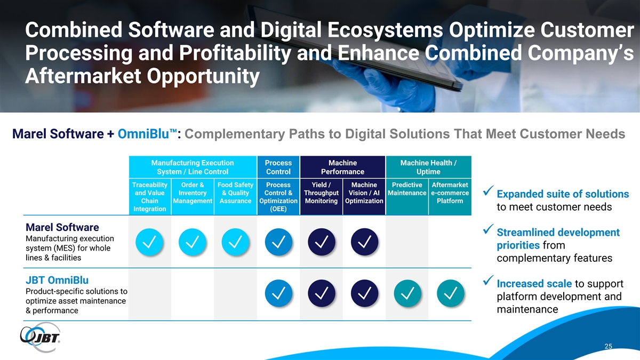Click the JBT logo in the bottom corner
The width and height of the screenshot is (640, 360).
click(40, 337)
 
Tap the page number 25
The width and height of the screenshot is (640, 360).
click(609, 346)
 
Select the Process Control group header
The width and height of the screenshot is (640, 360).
click(278, 167)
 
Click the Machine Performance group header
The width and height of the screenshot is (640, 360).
click(342, 167)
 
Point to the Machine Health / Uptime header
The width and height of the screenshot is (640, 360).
click(428, 167)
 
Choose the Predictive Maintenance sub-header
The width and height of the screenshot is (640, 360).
click(407, 189)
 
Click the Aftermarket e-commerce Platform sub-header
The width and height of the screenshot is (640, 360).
click(450, 193)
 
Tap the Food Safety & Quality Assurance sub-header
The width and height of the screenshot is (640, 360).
click(235, 193)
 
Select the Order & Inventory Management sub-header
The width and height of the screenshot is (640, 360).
click(193, 193)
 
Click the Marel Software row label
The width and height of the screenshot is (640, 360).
click(62, 227)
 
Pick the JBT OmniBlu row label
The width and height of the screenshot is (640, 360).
click(57, 281)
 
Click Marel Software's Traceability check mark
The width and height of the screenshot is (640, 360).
click(149, 242)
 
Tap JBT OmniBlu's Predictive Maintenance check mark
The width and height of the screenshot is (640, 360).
click(407, 293)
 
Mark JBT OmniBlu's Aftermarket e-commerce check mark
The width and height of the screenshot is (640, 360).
click(450, 293)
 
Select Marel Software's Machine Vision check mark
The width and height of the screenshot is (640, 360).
click(364, 242)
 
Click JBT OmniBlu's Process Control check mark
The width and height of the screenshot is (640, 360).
click(278, 293)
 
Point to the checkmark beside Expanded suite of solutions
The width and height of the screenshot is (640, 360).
click(489, 190)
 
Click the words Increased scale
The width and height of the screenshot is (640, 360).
click(534, 284)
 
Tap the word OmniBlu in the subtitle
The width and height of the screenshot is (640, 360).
click(143, 134)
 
